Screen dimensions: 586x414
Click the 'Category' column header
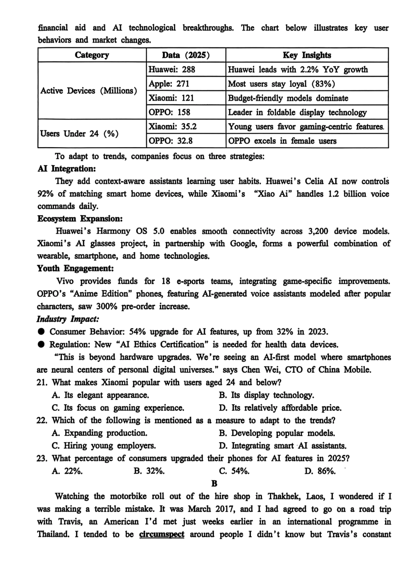[x=92, y=55]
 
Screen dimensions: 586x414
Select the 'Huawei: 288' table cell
[x=172, y=69]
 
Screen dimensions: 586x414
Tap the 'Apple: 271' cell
[x=169, y=84]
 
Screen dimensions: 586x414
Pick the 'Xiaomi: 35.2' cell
[x=173, y=126]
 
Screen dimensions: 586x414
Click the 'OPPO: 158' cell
[x=170, y=112]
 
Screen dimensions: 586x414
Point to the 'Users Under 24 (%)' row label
[x=79, y=134]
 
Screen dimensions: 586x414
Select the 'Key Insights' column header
[x=307, y=55]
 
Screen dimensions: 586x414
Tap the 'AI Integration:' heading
[x=67, y=169]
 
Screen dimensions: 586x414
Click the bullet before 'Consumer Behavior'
[x=41, y=332]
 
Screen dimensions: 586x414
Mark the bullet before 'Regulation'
[x=41, y=345]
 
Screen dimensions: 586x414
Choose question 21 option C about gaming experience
[x=118, y=408]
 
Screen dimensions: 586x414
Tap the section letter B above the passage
[x=214, y=483]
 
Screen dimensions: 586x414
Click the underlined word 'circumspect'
[x=162, y=534]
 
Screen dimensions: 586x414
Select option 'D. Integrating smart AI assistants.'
[x=282, y=446]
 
